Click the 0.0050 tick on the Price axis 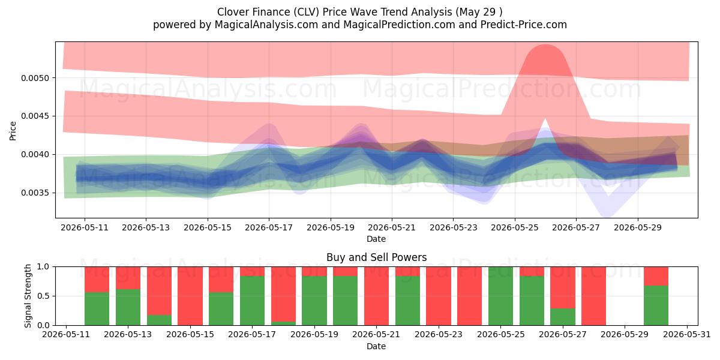pyautogui.click(x=35, y=78)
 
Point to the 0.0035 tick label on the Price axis pyautogui.click(x=35, y=193)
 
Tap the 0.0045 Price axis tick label pyautogui.click(x=35, y=116)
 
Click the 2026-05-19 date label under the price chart pyautogui.click(x=331, y=227)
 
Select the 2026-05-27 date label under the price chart pyautogui.click(x=576, y=227)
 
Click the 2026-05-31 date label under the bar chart pyautogui.click(x=687, y=335)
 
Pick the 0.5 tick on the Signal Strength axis pyautogui.click(x=43, y=296)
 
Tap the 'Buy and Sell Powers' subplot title pyautogui.click(x=376, y=257)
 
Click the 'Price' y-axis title pyautogui.click(x=13, y=131)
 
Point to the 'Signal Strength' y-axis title pyautogui.click(x=28, y=296)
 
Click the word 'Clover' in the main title pyautogui.click(x=232, y=12)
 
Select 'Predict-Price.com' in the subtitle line pyautogui.click(x=524, y=25)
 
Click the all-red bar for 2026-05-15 pyautogui.click(x=190, y=296)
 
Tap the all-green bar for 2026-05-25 pyautogui.click(x=501, y=296)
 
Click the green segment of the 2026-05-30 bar pyautogui.click(x=656, y=305)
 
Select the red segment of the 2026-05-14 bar pyautogui.click(x=160, y=291)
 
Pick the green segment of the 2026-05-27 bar pyautogui.click(x=563, y=317)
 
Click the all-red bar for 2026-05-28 pyautogui.click(x=593, y=296)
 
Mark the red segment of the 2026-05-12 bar pyautogui.click(x=97, y=280)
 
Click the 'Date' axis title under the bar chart pyautogui.click(x=376, y=346)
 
